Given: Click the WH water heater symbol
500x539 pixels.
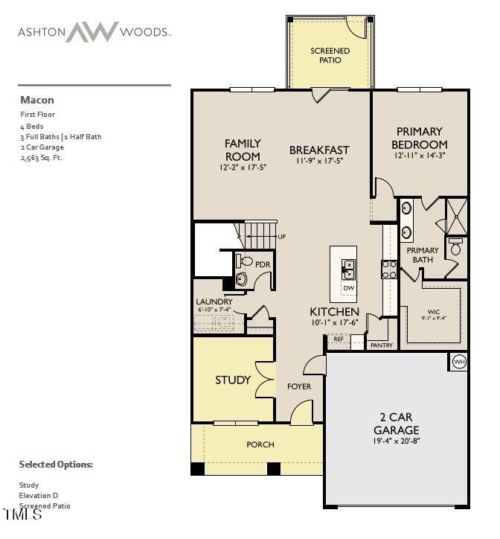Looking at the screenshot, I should [458, 362].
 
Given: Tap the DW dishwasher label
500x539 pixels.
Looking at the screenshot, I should [349, 287].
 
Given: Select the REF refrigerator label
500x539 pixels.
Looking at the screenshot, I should [339, 339].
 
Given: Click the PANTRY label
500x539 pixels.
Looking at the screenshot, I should [381, 345].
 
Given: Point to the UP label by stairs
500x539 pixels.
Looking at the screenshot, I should [282, 237].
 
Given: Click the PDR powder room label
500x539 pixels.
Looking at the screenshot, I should [262, 264].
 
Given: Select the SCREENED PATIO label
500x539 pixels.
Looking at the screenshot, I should [330, 55].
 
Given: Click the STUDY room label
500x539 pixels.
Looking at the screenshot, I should [233, 380].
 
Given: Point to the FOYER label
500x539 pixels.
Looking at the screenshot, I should [299, 386].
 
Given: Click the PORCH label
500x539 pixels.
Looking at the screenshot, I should [260, 444].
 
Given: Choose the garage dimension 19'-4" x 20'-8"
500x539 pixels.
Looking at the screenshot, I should [396, 442].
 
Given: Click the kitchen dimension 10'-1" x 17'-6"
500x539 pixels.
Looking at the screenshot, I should [335, 322].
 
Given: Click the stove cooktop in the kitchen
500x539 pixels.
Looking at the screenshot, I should [389, 269].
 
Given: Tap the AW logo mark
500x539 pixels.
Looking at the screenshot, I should [92, 32].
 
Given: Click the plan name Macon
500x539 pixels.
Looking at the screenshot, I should [36, 100].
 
